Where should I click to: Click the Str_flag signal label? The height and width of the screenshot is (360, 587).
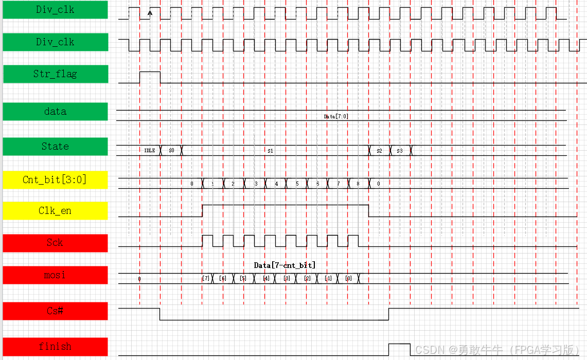pyautogui.click(x=55, y=74)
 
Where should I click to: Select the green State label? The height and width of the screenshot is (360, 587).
pyautogui.click(x=55, y=147)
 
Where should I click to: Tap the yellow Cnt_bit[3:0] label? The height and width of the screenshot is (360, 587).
pyautogui.click(x=55, y=179)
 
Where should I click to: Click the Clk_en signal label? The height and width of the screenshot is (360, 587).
pyautogui.click(x=55, y=210)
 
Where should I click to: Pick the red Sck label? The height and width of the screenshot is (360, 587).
pyautogui.click(x=55, y=243)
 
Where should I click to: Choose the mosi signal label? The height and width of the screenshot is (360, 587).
pyautogui.click(x=55, y=275)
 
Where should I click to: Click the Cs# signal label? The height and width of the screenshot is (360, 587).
pyautogui.click(x=55, y=311)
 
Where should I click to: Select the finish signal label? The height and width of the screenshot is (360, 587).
pyautogui.click(x=55, y=346)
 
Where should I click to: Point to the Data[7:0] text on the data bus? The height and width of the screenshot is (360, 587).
pyautogui.click(x=336, y=116)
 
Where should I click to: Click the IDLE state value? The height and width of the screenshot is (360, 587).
pyautogui.click(x=150, y=151)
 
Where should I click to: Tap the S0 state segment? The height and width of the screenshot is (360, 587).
pyautogui.click(x=171, y=151)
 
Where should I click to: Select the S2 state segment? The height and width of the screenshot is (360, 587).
pyautogui.click(x=379, y=151)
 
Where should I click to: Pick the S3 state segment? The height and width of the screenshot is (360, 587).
pyautogui.click(x=400, y=151)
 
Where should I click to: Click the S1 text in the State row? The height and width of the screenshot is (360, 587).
pyautogui.click(x=270, y=151)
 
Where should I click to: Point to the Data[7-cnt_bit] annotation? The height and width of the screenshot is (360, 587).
pyautogui.click(x=284, y=265)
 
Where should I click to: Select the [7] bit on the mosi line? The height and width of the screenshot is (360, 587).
pyautogui.click(x=206, y=278)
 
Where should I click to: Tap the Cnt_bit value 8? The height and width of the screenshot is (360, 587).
pyautogui.click(x=358, y=184)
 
